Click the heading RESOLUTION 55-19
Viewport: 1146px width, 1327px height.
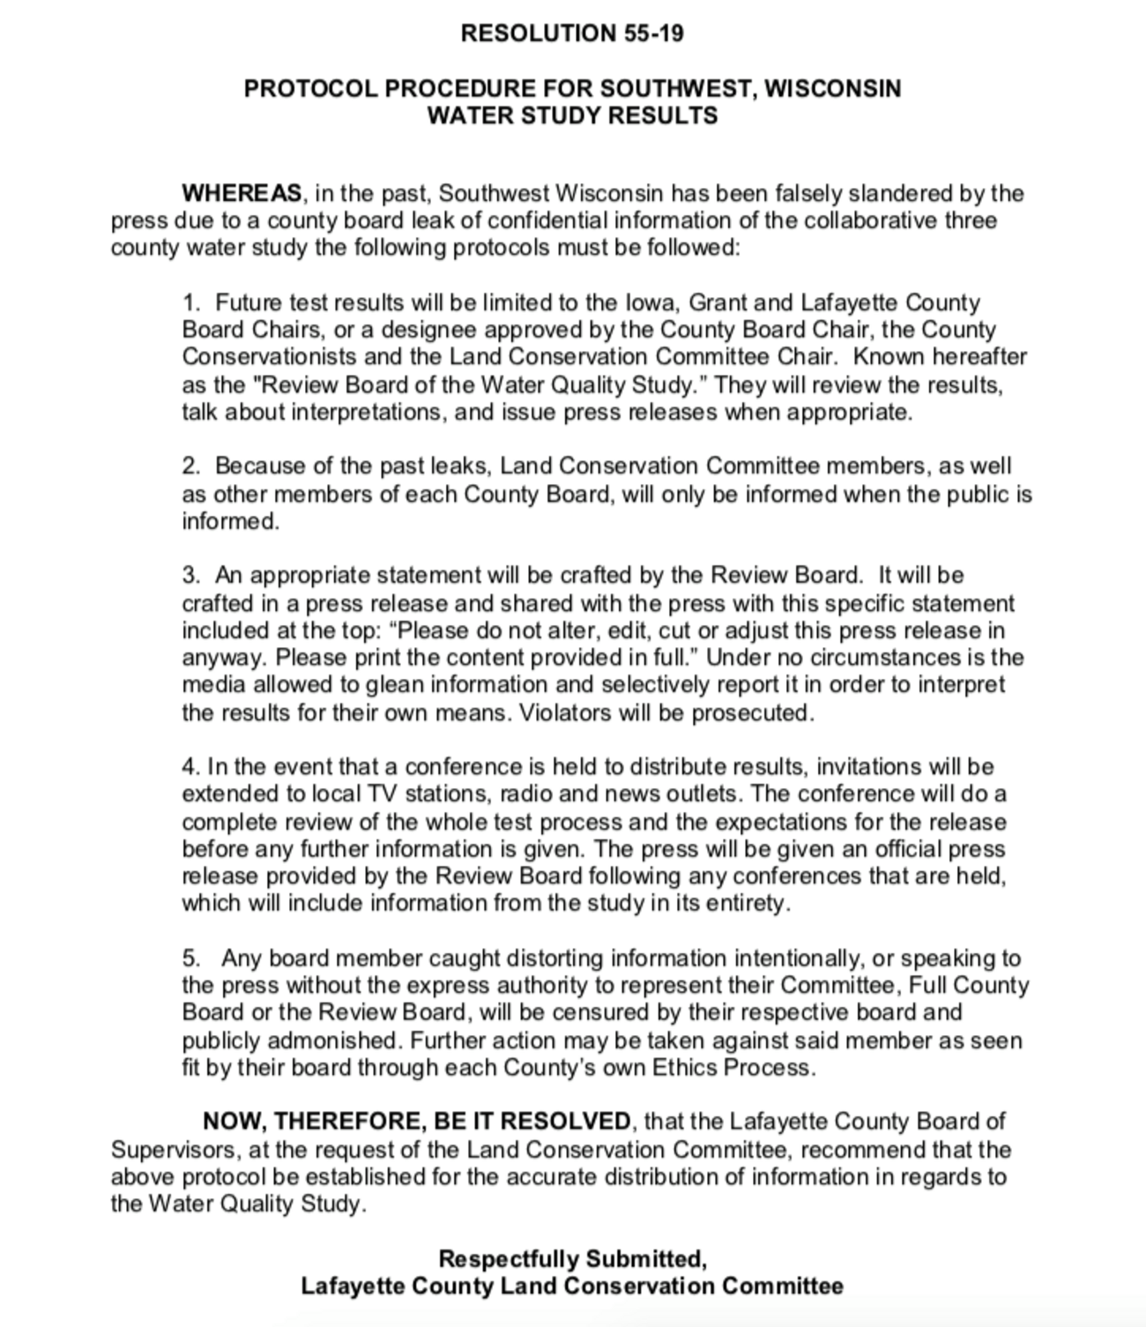pos(572,34)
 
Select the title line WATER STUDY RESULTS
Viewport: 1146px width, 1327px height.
pos(572,116)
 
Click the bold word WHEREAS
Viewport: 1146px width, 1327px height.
pos(242,193)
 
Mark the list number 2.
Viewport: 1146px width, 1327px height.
pos(190,466)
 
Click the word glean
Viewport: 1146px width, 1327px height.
pos(392,685)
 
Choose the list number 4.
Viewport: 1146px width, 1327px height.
pos(190,766)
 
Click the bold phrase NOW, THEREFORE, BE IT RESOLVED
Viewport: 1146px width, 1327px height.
pos(416,1122)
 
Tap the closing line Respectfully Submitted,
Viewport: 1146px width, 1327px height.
pos(572,1258)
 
